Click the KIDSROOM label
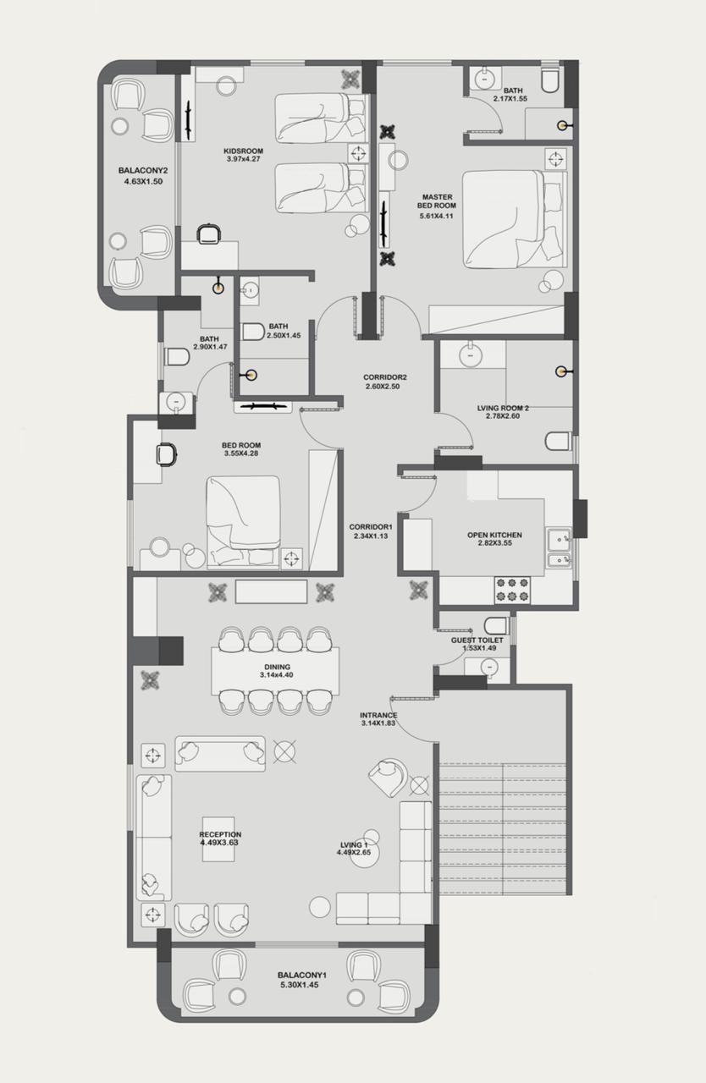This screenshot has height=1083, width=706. pyautogui.click(x=244, y=151)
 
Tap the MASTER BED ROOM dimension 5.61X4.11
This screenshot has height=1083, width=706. pyautogui.click(x=436, y=216)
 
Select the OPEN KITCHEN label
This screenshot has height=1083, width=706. pyautogui.click(x=494, y=536)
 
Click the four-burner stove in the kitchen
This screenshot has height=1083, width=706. pyautogui.click(x=513, y=590)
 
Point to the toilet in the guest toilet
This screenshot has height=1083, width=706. pyautogui.click(x=496, y=625)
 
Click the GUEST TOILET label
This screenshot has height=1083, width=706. pyautogui.click(x=477, y=640)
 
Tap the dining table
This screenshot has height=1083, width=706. pyautogui.click(x=275, y=671)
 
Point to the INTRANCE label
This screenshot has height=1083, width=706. pyautogui.click(x=378, y=715)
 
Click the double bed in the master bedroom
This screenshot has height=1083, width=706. pyautogui.click(x=514, y=218)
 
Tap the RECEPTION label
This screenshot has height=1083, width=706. pyautogui.click(x=220, y=834)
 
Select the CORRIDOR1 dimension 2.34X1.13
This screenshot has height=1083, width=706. pyautogui.click(x=371, y=536)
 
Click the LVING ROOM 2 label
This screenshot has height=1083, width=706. pyautogui.click(x=503, y=408)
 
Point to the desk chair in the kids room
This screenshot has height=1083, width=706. pyautogui.click(x=209, y=234)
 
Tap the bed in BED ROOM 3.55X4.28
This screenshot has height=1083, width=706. pyautogui.click(x=244, y=522)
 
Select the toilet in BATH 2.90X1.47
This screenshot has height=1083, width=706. pyautogui.click(x=177, y=357)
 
